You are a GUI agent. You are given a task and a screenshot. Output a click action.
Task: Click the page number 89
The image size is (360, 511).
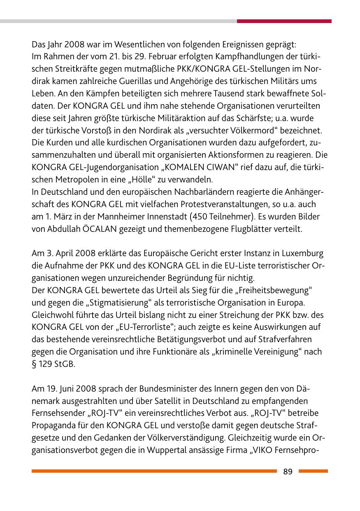pyautogui.click(x=288, y=471)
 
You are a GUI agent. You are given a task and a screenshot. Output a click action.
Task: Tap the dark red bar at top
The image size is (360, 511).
pyautogui.click(x=284, y=21)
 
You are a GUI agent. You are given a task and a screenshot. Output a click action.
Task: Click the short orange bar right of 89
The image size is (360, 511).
pyautogui.click(x=313, y=471)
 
